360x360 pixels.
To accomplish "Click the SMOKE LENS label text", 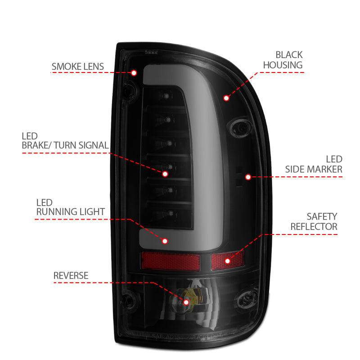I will click(x=77, y=67).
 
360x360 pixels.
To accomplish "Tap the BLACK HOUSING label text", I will click(x=283, y=60).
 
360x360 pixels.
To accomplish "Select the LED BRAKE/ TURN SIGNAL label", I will click(x=65, y=140).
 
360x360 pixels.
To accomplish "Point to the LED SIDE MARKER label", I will click(x=314, y=164).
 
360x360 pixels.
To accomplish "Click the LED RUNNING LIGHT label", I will click(x=71, y=207).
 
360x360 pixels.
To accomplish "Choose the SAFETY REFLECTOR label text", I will click(x=314, y=221).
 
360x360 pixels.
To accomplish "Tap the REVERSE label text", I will click(x=71, y=275).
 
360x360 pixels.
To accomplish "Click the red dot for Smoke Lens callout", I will click(x=134, y=73).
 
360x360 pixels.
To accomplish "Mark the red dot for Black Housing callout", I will click(x=226, y=97).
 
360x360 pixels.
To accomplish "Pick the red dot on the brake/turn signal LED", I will click(x=165, y=173).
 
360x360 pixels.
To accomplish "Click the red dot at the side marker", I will click(x=247, y=177).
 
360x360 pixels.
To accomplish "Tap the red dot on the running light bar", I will click(x=165, y=241).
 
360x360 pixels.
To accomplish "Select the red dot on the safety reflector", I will click(x=227, y=261).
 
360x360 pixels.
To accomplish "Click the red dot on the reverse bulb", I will click(x=186, y=301).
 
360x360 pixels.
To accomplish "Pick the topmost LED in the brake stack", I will click(x=167, y=95).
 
